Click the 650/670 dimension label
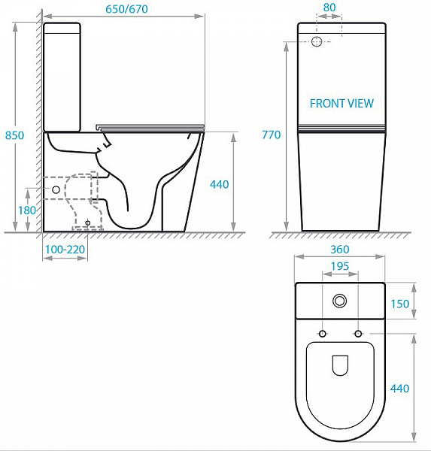(x=126, y=9)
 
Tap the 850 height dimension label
(x=15, y=135)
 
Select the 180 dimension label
(x=27, y=210)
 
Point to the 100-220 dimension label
(x=65, y=250)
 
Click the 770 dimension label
(x=272, y=135)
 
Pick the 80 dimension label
(x=329, y=8)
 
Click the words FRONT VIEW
(x=341, y=103)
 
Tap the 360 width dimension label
(x=340, y=249)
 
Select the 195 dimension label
(x=340, y=266)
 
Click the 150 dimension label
(x=400, y=304)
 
